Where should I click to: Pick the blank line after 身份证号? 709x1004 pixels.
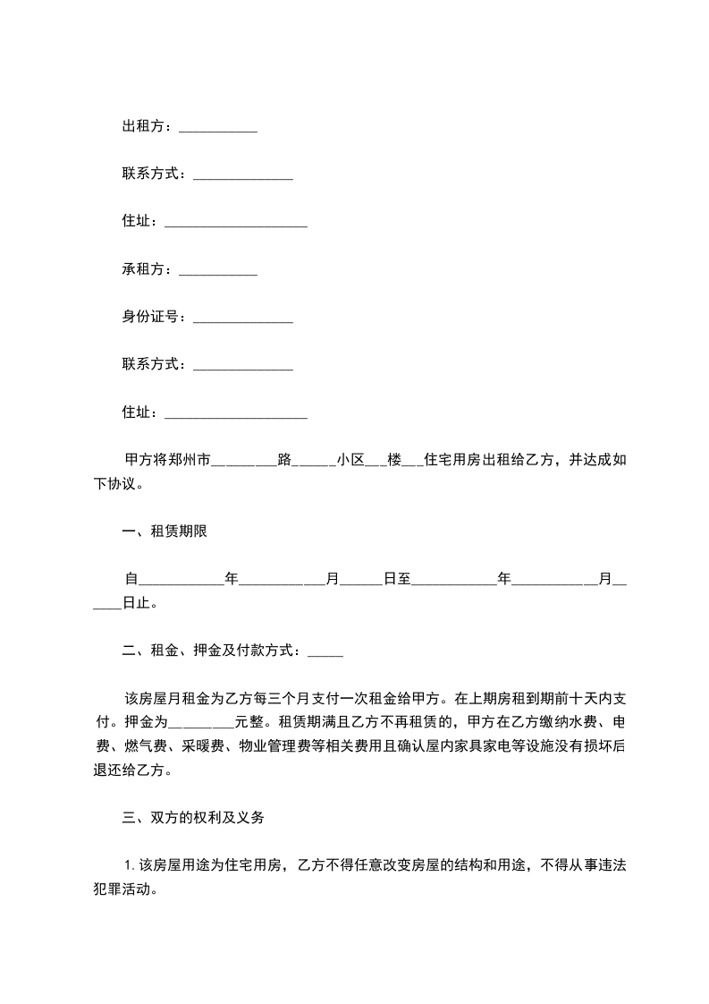tap(243, 319)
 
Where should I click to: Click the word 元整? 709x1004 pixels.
tap(251, 721)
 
